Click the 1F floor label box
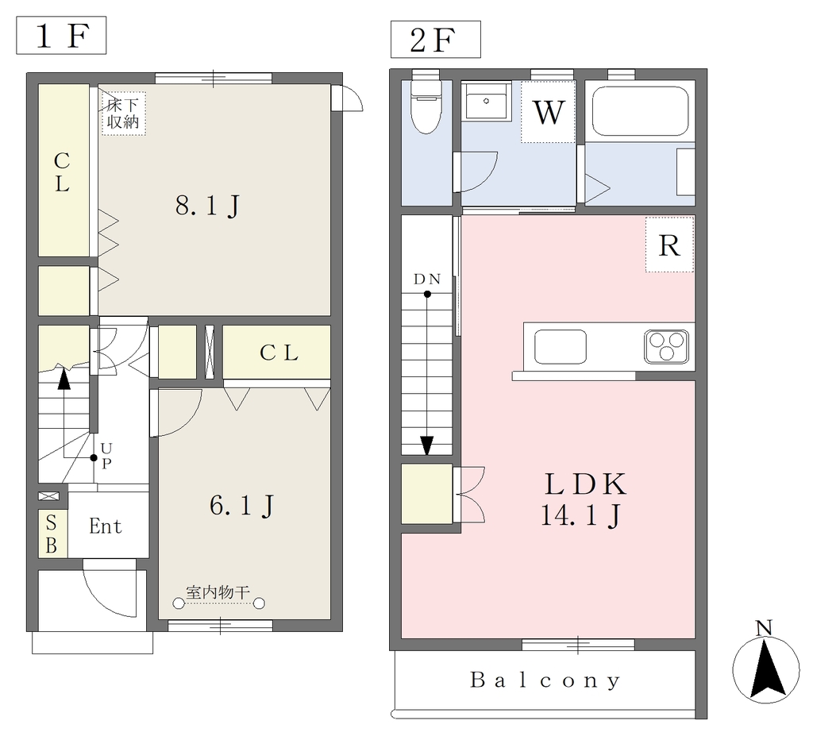[61, 35]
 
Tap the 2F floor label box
[436, 40]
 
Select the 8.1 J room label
[207, 206]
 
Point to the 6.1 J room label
[241, 505]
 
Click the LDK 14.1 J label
[584, 499]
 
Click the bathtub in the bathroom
[641, 111]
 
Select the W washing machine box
[548, 111]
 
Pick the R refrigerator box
[669, 245]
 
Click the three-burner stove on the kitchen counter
[667, 346]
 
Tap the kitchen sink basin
[561, 346]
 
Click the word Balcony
[545, 680]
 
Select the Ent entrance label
[106, 526]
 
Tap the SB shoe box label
[51, 534]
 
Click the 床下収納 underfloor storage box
[123, 114]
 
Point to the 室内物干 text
[218, 592]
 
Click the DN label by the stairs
[427, 279]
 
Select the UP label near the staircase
[106, 455]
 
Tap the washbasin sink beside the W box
[486, 101]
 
